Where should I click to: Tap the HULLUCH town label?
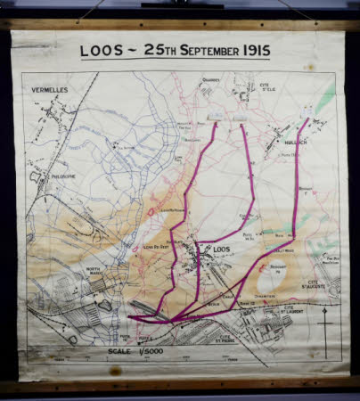click(x=294, y=141)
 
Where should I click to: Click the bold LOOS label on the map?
click(x=223, y=250)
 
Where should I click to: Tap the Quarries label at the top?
click(x=210, y=79)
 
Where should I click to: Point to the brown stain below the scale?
click(x=115, y=370)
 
